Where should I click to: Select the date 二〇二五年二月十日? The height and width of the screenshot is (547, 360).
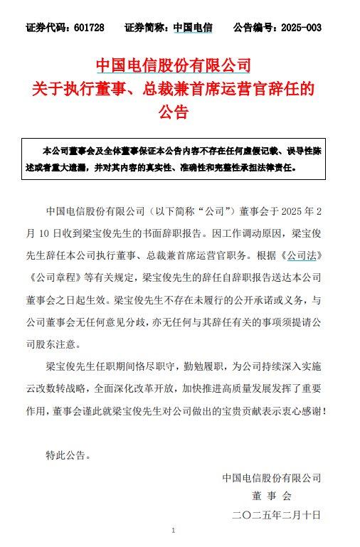point(272,514)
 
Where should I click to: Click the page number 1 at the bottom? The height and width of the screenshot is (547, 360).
point(174,531)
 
